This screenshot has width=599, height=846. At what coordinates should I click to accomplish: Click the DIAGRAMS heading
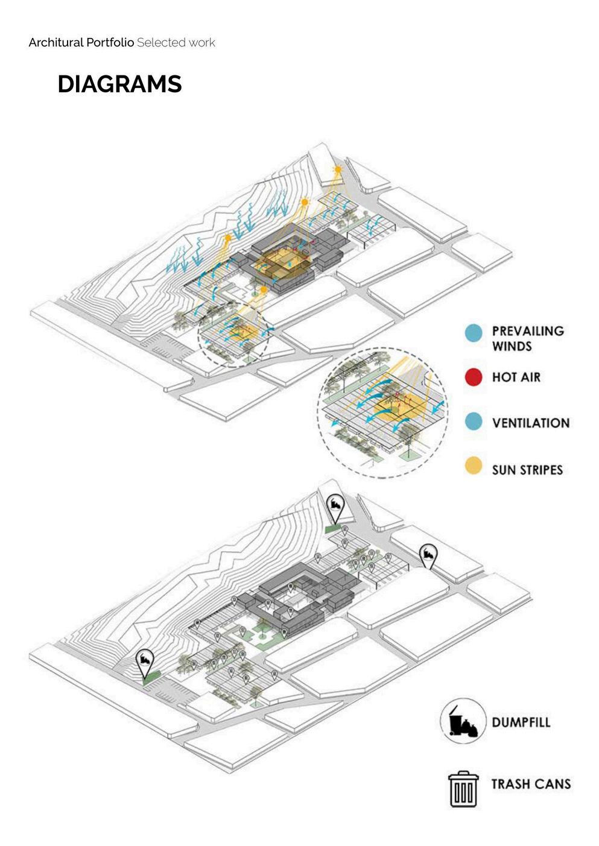pyautogui.click(x=119, y=84)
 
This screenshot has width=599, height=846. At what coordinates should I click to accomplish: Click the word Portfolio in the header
pyautogui.click(x=110, y=42)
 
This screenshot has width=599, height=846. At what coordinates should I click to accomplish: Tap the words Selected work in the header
pyautogui.click(x=176, y=42)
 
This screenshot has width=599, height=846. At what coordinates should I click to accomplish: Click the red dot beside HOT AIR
pyautogui.click(x=474, y=377)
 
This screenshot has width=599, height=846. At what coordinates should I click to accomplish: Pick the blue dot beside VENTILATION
pyautogui.click(x=474, y=422)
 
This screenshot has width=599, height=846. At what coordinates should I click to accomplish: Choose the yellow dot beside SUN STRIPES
pyautogui.click(x=474, y=466)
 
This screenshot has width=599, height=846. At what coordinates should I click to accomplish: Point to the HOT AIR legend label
pyautogui.click(x=516, y=377)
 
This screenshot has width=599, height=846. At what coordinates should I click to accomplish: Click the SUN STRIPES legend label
pyautogui.click(x=527, y=469)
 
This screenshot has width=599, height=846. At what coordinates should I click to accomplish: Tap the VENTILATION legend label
pyautogui.click(x=530, y=423)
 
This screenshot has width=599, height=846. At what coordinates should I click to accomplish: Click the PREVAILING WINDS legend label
pyautogui.click(x=527, y=338)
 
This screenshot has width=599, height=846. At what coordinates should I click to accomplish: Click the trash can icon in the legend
pyautogui.click(x=463, y=788)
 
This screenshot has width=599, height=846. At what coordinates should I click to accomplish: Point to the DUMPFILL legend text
pyautogui.click(x=521, y=722)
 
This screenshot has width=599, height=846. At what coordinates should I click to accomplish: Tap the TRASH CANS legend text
pyautogui.click(x=530, y=784)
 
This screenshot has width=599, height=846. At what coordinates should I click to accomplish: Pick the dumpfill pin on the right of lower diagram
pyautogui.click(x=428, y=555)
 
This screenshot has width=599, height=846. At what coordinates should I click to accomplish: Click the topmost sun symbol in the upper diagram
pyautogui.click(x=338, y=171)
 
